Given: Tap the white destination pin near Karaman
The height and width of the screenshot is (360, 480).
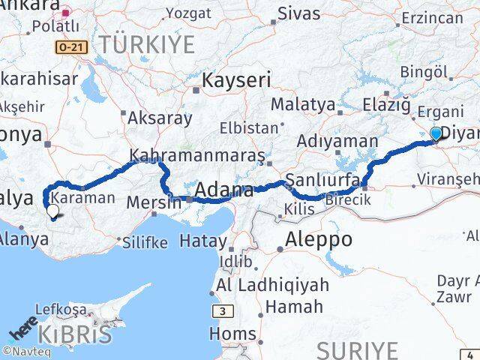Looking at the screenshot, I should pyautogui.click(x=52, y=212).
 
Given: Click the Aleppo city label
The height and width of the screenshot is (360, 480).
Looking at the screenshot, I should pyautogui.click(x=318, y=240).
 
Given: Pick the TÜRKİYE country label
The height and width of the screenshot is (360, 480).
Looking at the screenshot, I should pyautogui.click(x=148, y=44).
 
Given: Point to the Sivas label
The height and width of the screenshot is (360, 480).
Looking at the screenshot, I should pyautogui.click(x=298, y=13).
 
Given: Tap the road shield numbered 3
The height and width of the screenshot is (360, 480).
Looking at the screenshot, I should pyautogui.click(x=223, y=310).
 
